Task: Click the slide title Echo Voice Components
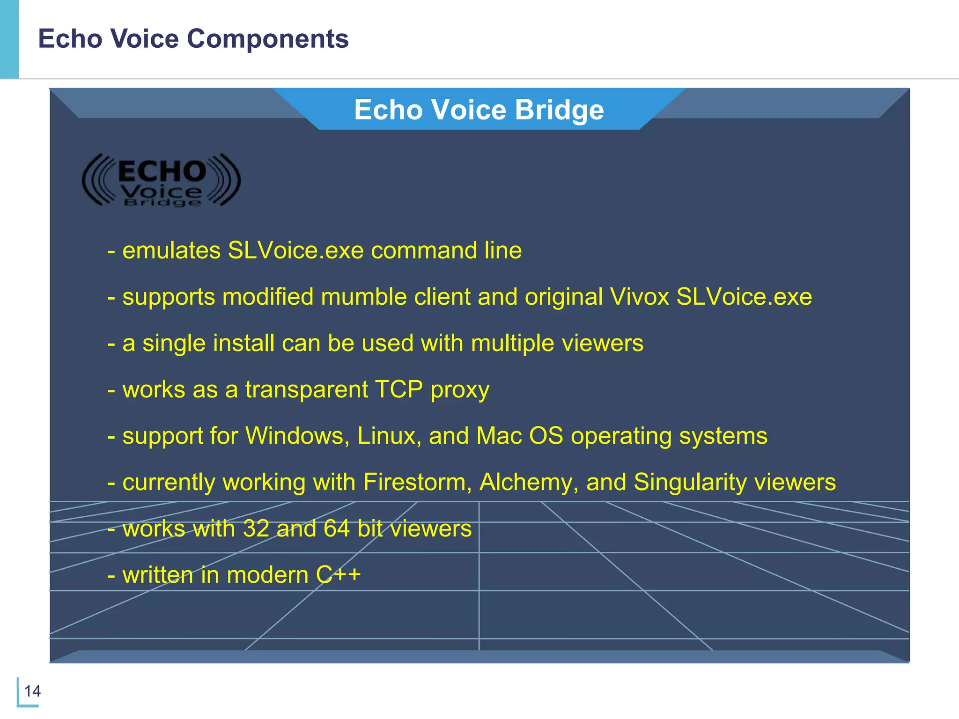(193, 38)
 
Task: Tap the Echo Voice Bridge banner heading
(479, 110)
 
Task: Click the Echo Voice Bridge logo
(161, 180)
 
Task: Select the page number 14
(32, 691)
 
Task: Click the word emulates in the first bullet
(171, 250)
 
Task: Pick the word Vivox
(639, 297)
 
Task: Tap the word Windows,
(298, 436)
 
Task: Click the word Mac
(499, 436)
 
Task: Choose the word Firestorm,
(417, 482)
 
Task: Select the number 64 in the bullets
(337, 528)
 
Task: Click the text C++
(338, 575)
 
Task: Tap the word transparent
(307, 389)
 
